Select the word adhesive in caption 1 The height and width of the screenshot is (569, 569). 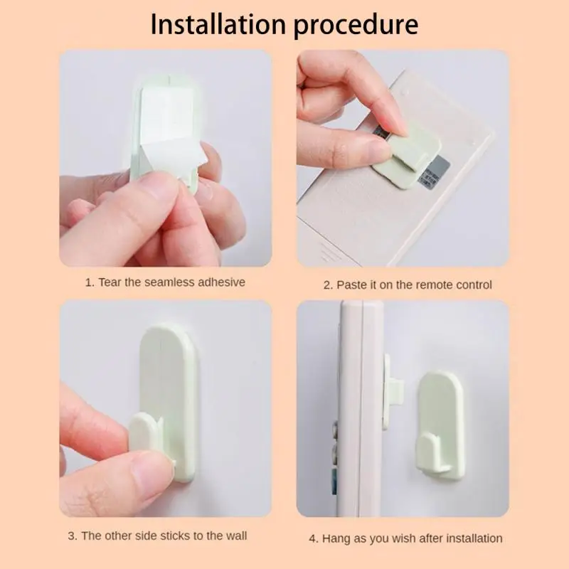(218, 282)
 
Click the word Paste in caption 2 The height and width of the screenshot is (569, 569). (353, 284)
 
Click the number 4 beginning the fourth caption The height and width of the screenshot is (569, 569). (312, 538)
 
